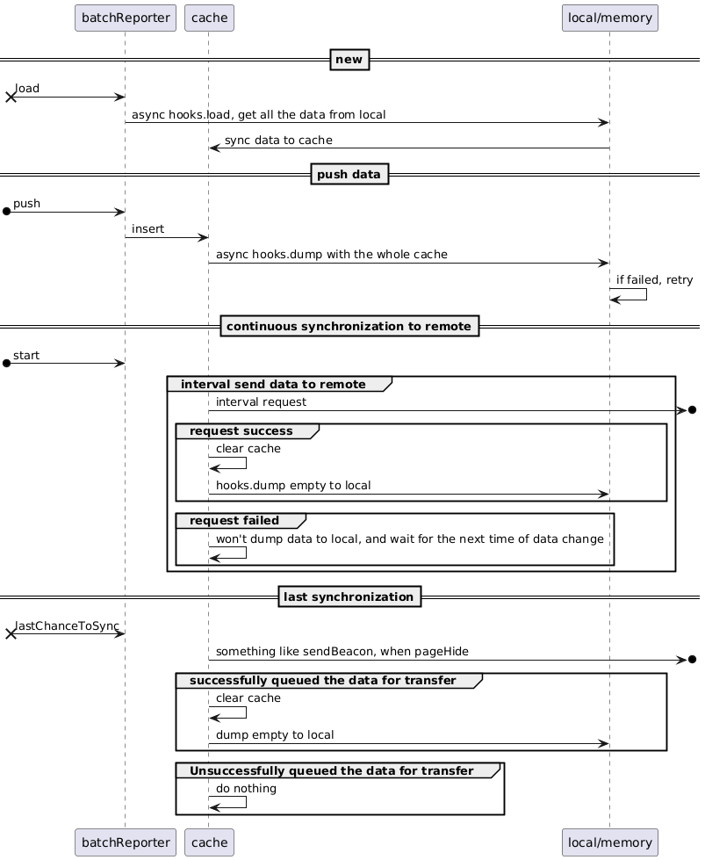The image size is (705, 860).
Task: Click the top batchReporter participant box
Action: click(x=126, y=18)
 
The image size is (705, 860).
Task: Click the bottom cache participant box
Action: click(x=210, y=842)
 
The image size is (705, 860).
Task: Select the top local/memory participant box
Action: click(x=609, y=18)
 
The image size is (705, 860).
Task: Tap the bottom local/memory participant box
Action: click(x=609, y=842)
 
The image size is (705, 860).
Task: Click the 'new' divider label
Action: click(x=349, y=59)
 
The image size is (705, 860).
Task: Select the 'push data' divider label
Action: click(x=349, y=174)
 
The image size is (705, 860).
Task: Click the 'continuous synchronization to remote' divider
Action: click(x=349, y=326)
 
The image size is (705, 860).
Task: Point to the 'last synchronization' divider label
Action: click(x=349, y=596)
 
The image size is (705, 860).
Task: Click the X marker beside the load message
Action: click(x=11, y=98)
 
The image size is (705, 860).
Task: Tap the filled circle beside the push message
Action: click(x=6, y=212)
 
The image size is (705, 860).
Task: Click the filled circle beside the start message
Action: click(x=6, y=363)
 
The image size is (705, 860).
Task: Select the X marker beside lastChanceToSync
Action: click(x=11, y=634)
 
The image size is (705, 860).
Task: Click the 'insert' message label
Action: click(x=147, y=228)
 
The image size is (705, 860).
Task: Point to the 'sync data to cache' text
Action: click(x=278, y=140)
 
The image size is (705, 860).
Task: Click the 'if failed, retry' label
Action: click(x=655, y=279)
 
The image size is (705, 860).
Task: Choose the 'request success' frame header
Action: click(x=241, y=431)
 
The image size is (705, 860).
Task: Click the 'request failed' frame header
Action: click(x=234, y=521)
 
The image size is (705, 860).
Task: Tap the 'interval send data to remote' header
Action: click(x=273, y=384)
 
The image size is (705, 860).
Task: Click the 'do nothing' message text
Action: click(x=246, y=788)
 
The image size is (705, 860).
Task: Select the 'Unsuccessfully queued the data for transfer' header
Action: click(x=332, y=770)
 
